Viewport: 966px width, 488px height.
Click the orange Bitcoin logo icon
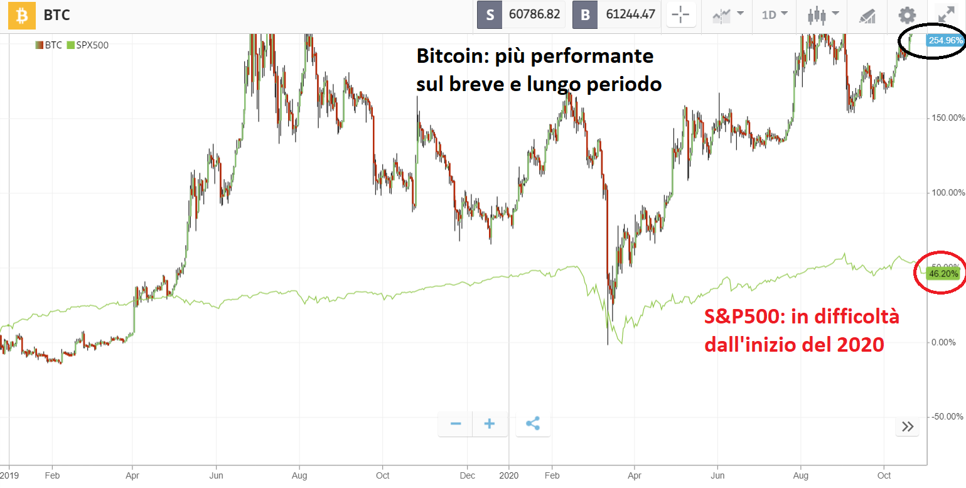pos(21,15)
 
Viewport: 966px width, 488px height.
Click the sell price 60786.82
pos(534,14)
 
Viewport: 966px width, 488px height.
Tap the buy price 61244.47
pos(629,14)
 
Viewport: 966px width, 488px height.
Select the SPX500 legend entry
pos(88,45)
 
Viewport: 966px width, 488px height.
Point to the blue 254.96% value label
pos(944,40)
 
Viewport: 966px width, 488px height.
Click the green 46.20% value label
pos(943,274)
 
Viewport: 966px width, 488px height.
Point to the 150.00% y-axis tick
pos(947,117)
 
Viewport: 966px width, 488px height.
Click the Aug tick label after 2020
pos(800,475)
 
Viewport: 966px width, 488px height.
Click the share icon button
pos(532,424)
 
